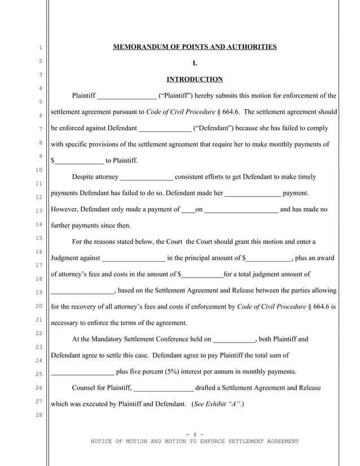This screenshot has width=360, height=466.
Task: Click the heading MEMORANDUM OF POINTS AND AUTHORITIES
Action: tap(195, 47)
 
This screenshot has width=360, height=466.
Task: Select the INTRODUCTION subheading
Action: tap(195, 80)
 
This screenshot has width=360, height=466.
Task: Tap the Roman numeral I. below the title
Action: tap(195, 63)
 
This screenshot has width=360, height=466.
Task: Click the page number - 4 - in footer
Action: tap(195, 434)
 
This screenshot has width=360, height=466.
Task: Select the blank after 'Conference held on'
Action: tap(234, 340)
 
